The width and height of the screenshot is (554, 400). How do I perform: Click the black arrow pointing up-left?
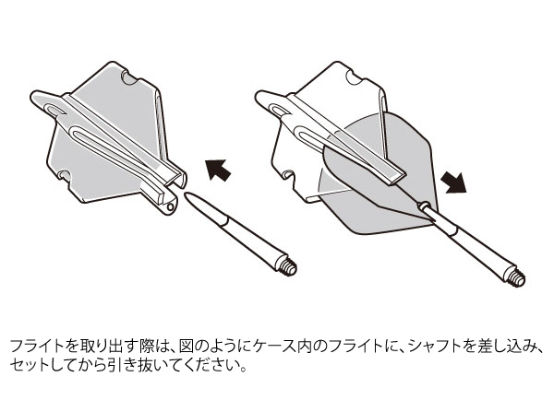pyautogui.click(x=218, y=170)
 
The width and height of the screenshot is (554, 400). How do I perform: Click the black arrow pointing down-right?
pyautogui.click(x=454, y=182)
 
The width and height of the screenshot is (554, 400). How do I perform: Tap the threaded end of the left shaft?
pyautogui.click(x=289, y=267)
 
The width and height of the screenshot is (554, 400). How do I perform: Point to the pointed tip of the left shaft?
pyautogui.click(x=186, y=194)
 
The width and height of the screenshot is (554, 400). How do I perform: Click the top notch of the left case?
pyautogui.click(x=129, y=77)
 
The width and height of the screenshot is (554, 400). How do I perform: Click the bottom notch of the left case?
pyautogui.click(x=65, y=174)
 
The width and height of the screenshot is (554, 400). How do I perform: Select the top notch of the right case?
pyautogui.click(x=355, y=77)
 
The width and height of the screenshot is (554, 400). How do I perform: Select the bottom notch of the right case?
pyautogui.click(x=289, y=174)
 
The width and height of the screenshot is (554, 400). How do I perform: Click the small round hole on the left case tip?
pyautogui.click(x=171, y=206)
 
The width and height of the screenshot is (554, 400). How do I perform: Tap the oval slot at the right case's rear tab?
pyautogui.click(x=281, y=111)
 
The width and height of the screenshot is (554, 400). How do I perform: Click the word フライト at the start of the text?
pyautogui.click(x=36, y=347)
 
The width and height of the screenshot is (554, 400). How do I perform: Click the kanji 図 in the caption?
pyautogui.click(x=186, y=347)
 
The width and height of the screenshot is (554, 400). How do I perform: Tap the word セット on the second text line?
pyautogui.click(x=29, y=366)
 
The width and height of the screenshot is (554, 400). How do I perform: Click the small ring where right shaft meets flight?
pyautogui.click(x=424, y=206)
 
